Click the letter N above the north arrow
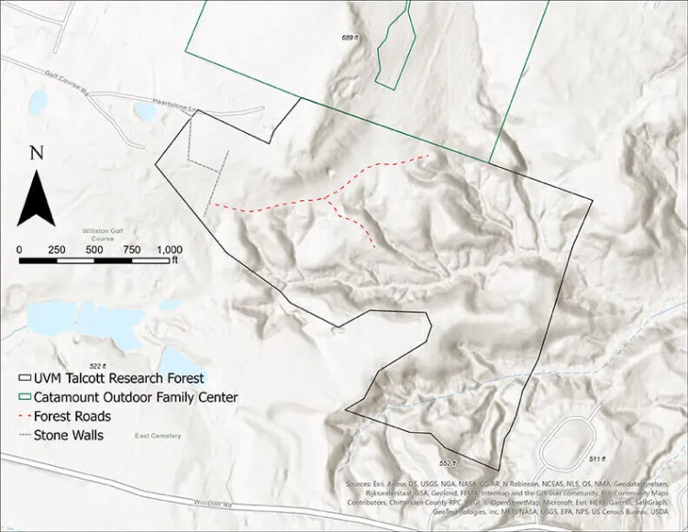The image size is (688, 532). [x=36, y=153]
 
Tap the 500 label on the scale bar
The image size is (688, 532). [x=94, y=249]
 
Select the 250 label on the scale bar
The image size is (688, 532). [x=56, y=249]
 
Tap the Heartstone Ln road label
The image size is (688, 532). [x=175, y=105]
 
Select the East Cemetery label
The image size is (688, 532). [x=157, y=436]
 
